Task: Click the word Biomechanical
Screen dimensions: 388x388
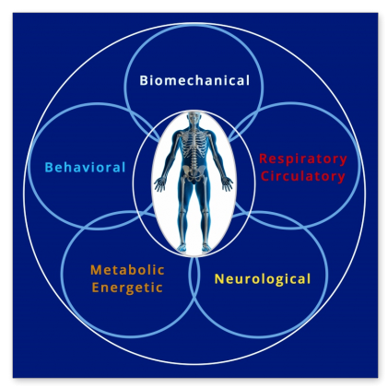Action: coord(194,80)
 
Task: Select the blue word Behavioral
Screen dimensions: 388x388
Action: coord(85,168)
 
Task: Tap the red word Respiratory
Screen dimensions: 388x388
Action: coord(303,159)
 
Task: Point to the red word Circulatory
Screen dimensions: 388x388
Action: coord(303,177)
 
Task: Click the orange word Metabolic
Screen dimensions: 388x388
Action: coord(127,270)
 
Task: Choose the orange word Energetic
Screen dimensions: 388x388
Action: coord(127,288)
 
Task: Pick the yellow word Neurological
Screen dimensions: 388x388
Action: coord(263,279)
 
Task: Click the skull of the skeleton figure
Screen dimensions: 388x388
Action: coord(194,117)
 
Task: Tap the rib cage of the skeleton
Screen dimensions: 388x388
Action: coord(194,143)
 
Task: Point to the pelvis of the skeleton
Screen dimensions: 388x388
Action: coord(194,172)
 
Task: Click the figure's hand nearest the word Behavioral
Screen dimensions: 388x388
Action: coord(159,184)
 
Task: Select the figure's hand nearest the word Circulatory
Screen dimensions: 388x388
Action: coord(227,184)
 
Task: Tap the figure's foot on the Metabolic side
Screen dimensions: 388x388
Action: coord(182,247)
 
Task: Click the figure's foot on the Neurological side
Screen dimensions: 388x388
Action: coord(206,247)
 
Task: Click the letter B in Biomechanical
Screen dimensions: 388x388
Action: coord(144,80)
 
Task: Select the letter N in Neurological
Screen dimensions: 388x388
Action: coord(219,279)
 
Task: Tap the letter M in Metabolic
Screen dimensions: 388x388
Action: coord(96,270)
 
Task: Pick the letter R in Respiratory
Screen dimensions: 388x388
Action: coord(264,159)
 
